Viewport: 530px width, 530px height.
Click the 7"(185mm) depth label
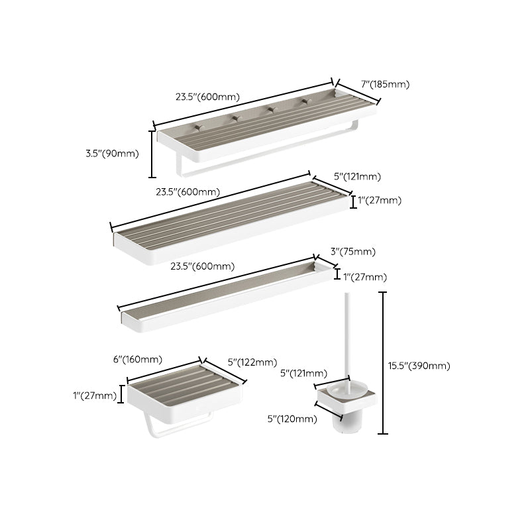386,84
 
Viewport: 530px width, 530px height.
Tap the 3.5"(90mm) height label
112,154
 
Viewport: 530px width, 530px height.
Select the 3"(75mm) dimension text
352,252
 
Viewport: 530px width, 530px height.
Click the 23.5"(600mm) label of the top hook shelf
207,97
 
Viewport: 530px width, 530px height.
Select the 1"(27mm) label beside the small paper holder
96,396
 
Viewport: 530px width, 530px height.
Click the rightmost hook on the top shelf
305,101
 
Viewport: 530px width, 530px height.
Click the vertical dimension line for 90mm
152,154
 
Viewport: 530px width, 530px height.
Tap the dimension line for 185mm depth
358,92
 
